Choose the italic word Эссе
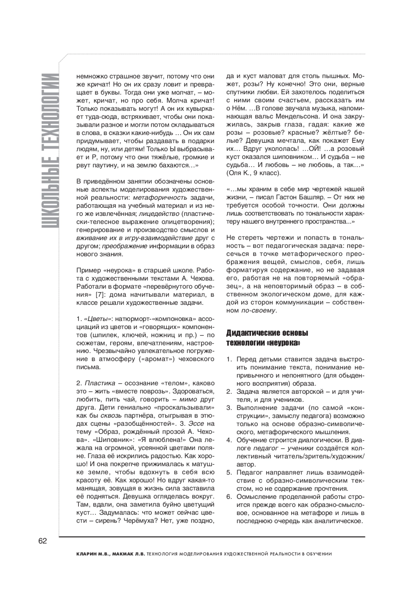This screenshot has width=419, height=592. point(196,424)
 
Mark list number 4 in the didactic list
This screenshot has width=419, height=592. point(229,440)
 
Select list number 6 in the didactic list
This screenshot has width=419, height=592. point(229,496)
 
